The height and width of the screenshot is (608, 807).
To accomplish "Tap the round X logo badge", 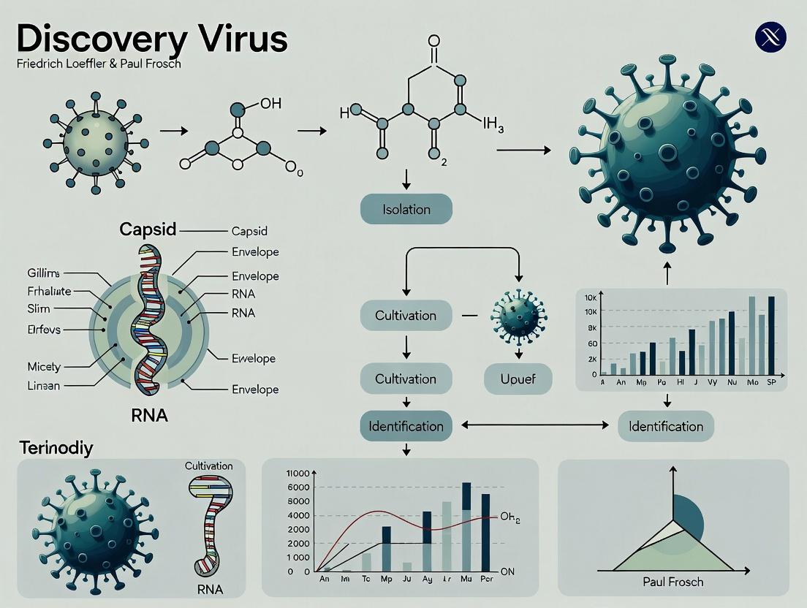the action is click(x=770, y=37).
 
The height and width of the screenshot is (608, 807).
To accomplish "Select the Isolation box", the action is click(x=406, y=210).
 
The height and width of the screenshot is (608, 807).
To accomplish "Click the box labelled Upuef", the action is click(x=518, y=379).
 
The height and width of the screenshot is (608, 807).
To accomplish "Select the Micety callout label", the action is click(x=44, y=366).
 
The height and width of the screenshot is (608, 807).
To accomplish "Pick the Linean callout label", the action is click(x=44, y=385).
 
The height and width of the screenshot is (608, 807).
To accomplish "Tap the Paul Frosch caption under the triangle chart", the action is click(x=672, y=582).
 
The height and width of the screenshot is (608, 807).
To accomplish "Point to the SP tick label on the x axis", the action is click(x=769, y=382).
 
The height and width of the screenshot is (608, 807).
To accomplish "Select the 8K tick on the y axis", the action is click(x=591, y=329).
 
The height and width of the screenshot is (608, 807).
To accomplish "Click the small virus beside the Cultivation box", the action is click(x=519, y=315).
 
